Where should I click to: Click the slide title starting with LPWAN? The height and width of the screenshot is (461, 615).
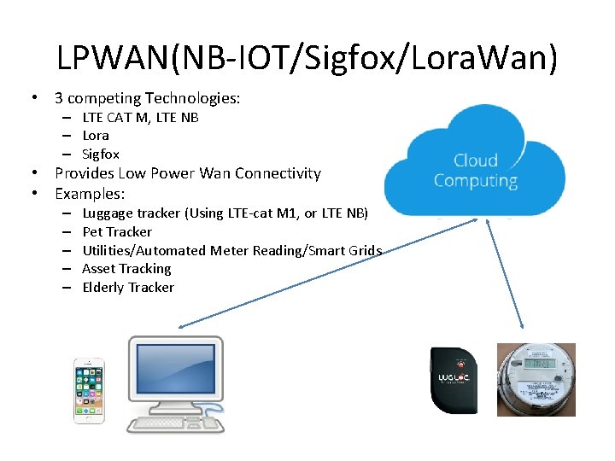point(307,57)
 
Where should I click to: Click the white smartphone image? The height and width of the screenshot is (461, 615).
point(88,390)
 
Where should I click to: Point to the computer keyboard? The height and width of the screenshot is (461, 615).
point(175,423)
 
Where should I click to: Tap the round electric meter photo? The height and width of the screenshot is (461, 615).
point(536,380)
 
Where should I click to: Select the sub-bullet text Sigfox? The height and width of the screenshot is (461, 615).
point(101,155)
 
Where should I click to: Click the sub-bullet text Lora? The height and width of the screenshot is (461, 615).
point(96,136)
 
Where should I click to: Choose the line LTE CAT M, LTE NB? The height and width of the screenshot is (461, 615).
point(140,117)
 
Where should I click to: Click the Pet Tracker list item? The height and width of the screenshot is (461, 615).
point(117,231)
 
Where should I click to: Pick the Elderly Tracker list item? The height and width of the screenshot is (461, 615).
point(128,287)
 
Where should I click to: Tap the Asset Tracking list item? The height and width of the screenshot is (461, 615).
point(126,268)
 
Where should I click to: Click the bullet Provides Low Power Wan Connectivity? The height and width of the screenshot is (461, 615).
point(188,173)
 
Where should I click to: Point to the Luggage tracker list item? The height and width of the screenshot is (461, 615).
point(225,213)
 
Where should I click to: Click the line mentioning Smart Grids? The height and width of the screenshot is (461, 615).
point(231,250)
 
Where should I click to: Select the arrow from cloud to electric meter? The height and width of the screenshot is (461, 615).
point(504,273)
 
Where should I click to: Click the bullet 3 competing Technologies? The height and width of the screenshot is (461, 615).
point(148,98)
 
